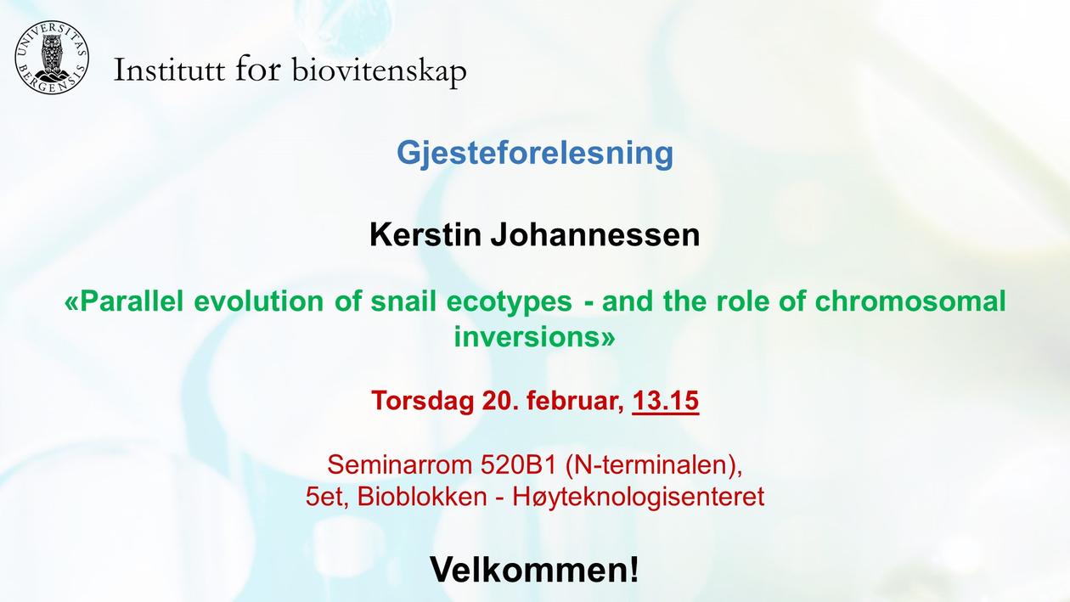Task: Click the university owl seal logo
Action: (52, 58)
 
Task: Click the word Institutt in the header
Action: (169, 70)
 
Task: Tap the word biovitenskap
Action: (380, 71)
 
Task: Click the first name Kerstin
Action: (425, 234)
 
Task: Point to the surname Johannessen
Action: (595, 234)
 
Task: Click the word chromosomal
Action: (910, 301)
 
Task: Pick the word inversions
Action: (527, 337)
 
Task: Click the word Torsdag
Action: (422, 401)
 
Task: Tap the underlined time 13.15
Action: (666, 401)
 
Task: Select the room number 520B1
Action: (519, 464)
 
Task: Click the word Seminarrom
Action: (399, 464)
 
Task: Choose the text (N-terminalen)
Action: (654, 465)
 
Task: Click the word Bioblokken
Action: (422, 497)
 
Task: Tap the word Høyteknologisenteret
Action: (639, 498)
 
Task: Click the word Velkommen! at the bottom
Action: (534, 569)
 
